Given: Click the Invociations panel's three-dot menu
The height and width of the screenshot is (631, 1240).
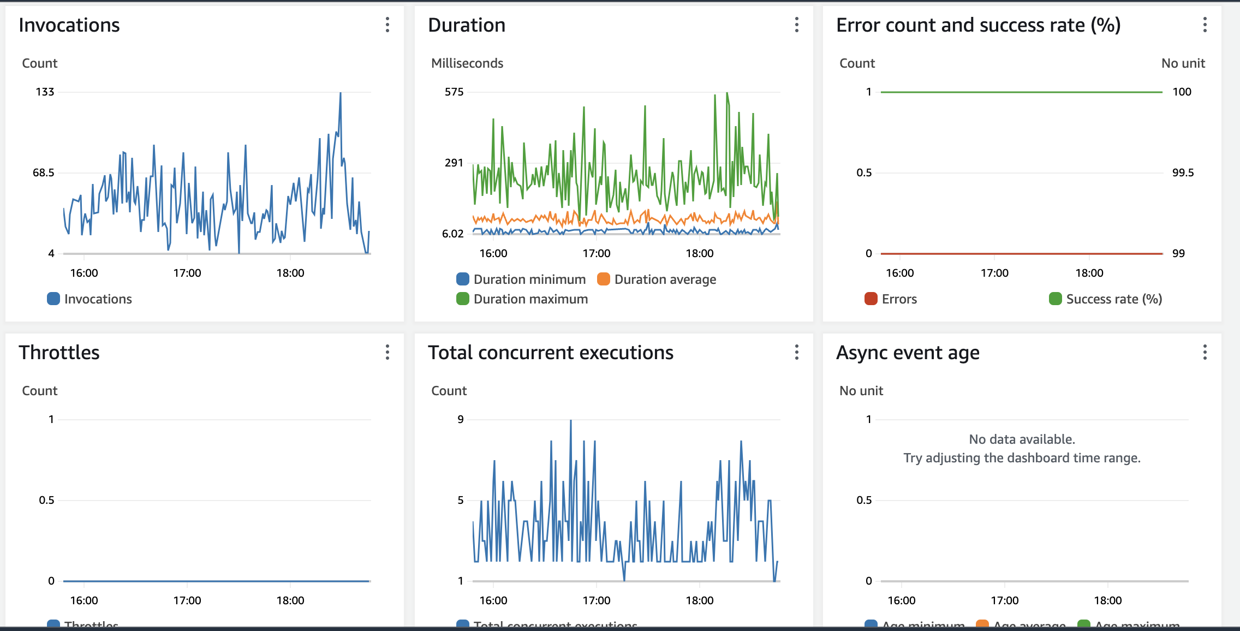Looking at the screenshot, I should [x=388, y=25].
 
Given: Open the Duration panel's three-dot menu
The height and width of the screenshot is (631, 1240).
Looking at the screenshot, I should [x=797, y=25].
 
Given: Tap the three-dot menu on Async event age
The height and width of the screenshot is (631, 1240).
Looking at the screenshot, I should [x=1205, y=352].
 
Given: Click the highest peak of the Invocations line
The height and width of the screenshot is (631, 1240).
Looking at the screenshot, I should [x=341, y=94].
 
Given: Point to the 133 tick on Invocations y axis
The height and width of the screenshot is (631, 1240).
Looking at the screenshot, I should [x=45, y=92].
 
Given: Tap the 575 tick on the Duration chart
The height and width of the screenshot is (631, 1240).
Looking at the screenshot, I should [x=454, y=92].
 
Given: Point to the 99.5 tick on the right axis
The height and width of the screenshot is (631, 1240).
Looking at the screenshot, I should [x=1183, y=172].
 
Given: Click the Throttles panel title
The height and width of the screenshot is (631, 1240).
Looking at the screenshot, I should [x=59, y=353].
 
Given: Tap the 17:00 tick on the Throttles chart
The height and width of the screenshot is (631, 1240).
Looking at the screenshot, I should [x=187, y=600].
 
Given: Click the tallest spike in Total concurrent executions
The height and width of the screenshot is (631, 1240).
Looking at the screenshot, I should [x=571, y=421].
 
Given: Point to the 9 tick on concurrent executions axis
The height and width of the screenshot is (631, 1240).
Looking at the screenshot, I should [x=461, y=419].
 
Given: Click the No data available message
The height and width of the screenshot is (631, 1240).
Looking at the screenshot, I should [x=1022, y=439].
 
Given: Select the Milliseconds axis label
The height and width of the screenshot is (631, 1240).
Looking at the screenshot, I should [x=467, y=63].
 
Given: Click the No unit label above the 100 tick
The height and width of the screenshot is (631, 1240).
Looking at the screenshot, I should [x=1183, y=63].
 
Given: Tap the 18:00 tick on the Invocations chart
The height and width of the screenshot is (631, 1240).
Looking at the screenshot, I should [x=290, y=273].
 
